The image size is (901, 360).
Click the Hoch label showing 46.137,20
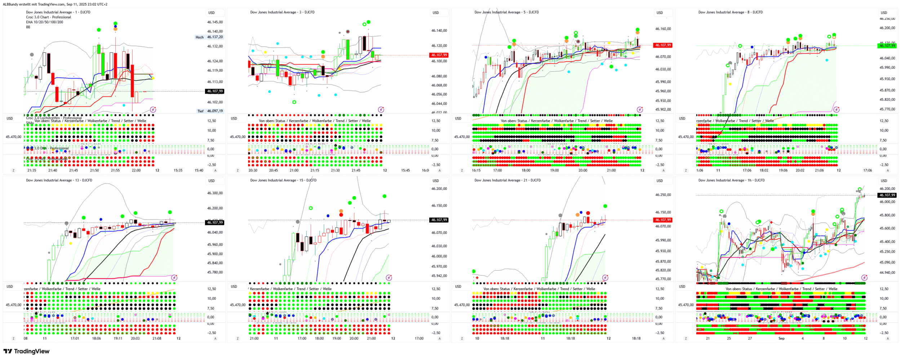209,37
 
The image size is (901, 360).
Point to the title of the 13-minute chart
59,180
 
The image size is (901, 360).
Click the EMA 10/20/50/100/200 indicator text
44,22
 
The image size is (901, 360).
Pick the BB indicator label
28,27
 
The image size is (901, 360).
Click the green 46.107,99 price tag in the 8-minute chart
887,45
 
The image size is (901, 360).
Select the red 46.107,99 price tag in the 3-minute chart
439,55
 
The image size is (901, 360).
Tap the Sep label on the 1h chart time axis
781,338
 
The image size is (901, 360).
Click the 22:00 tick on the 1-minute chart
136,170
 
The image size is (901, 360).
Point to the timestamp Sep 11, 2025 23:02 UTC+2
87,4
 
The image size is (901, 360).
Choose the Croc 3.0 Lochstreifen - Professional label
54,118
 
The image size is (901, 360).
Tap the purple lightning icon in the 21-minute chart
605,277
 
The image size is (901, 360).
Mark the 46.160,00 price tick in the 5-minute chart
663,29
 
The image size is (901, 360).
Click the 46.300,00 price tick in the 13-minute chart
215,193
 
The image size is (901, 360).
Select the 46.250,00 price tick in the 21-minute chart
663,195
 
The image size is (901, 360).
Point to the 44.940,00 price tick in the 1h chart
887,272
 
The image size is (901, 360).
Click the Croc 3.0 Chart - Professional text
48,17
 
